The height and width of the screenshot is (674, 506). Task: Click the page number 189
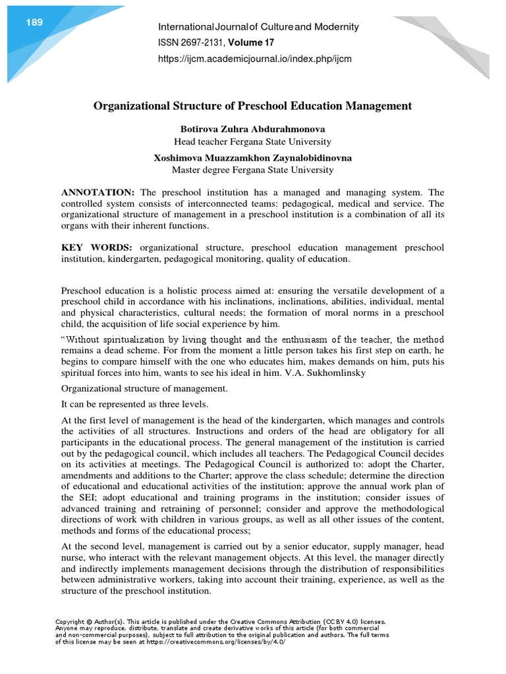[34, 23]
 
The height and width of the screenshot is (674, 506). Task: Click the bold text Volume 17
[251, 43]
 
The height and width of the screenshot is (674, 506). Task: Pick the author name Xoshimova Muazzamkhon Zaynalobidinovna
[252, 158]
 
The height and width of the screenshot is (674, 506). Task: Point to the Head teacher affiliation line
[252, 142]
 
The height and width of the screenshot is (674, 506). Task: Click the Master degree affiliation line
[252, 170]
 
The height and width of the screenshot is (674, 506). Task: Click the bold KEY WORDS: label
[97, 247]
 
